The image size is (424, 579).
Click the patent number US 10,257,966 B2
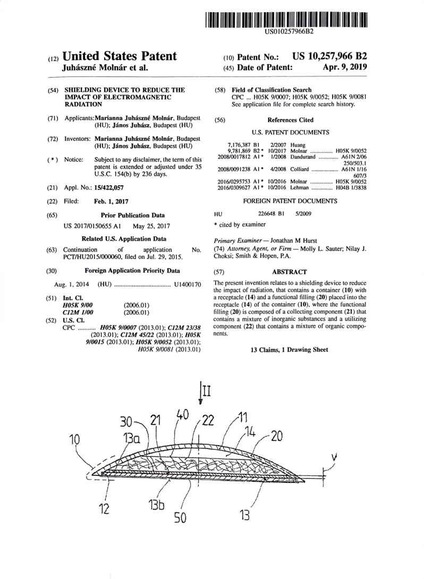pyautogui.click(x=330, y=56)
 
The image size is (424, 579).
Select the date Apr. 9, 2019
pyautogui.click(x=344, y=67)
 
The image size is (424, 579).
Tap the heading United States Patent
pyautogui.click(x=120, y=56)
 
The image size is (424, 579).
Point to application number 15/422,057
pyautogui.click(x=109, y=187)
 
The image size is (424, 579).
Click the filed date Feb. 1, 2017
pyautogui.click(x=111, y=201)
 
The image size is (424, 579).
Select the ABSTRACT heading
pyautogui.click(x=290, y=272)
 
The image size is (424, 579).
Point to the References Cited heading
pyautogui.click(x=290, y=120)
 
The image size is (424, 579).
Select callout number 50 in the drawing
pyautogui.click(x=180, y=518)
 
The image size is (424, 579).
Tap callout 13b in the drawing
pyautogui.click(x=157, y=505)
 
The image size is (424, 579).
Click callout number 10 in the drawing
pyautogui.click(x=75, y=439)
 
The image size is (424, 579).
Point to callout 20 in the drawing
pyautogui.click(x=277, y=436)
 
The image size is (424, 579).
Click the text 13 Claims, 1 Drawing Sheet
pyautogui.click(x=290, y=350)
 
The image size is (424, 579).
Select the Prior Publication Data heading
pyautogui.click(x=133, y=215)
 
